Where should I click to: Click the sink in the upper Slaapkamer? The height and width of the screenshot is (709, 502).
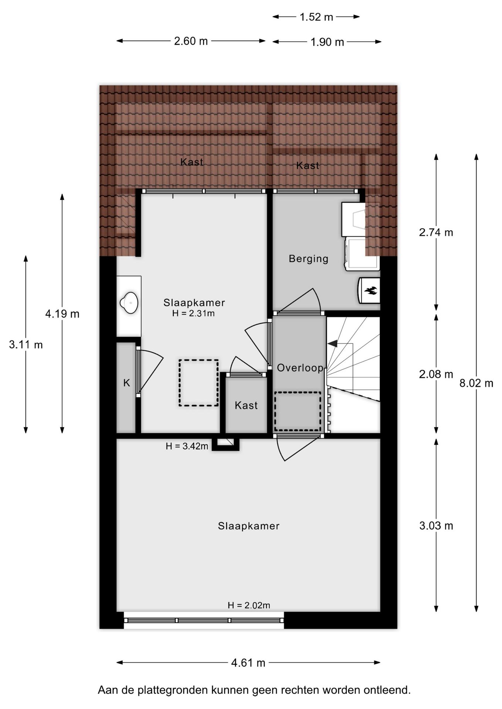(129, 303)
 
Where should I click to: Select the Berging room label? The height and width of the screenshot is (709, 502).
(308, 258)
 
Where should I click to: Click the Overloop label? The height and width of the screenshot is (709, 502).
(300, 368)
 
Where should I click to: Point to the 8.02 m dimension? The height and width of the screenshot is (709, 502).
(476, 383)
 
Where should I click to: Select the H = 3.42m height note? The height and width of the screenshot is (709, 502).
(187, 446)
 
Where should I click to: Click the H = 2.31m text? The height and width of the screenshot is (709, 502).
(193, 314)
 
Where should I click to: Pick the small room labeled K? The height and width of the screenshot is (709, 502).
(126, 383)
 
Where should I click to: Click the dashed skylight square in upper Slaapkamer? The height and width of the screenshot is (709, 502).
(199, 383)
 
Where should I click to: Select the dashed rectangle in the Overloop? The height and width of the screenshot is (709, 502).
(298, 411)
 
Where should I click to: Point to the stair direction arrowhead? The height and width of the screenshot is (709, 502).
(332, 343)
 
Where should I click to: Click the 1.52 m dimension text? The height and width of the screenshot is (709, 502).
(316, 17)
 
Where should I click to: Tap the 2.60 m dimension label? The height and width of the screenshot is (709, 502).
(191, 41)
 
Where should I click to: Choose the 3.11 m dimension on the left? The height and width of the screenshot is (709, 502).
(26, 345)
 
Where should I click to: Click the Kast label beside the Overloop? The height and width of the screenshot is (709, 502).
(246, 405)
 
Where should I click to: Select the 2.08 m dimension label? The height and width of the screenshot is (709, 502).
(436, 374)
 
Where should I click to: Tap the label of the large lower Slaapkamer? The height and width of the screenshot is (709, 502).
(248, 526)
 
